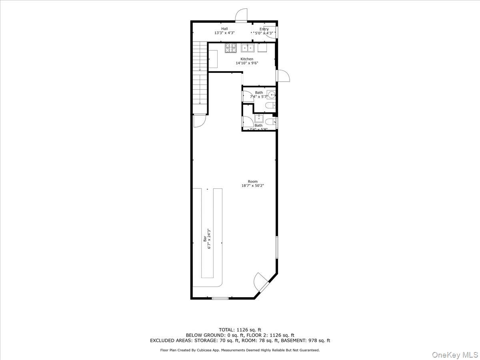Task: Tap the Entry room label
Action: [264, 29]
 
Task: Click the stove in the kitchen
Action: [231, 48]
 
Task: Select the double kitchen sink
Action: [248, 48]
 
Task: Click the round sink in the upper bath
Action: [272, 95]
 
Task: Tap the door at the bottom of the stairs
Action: [199, 120]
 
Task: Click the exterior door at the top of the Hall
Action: [241, 15]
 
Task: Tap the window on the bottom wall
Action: [220, 298]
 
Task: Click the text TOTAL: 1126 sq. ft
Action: [240, 330]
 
